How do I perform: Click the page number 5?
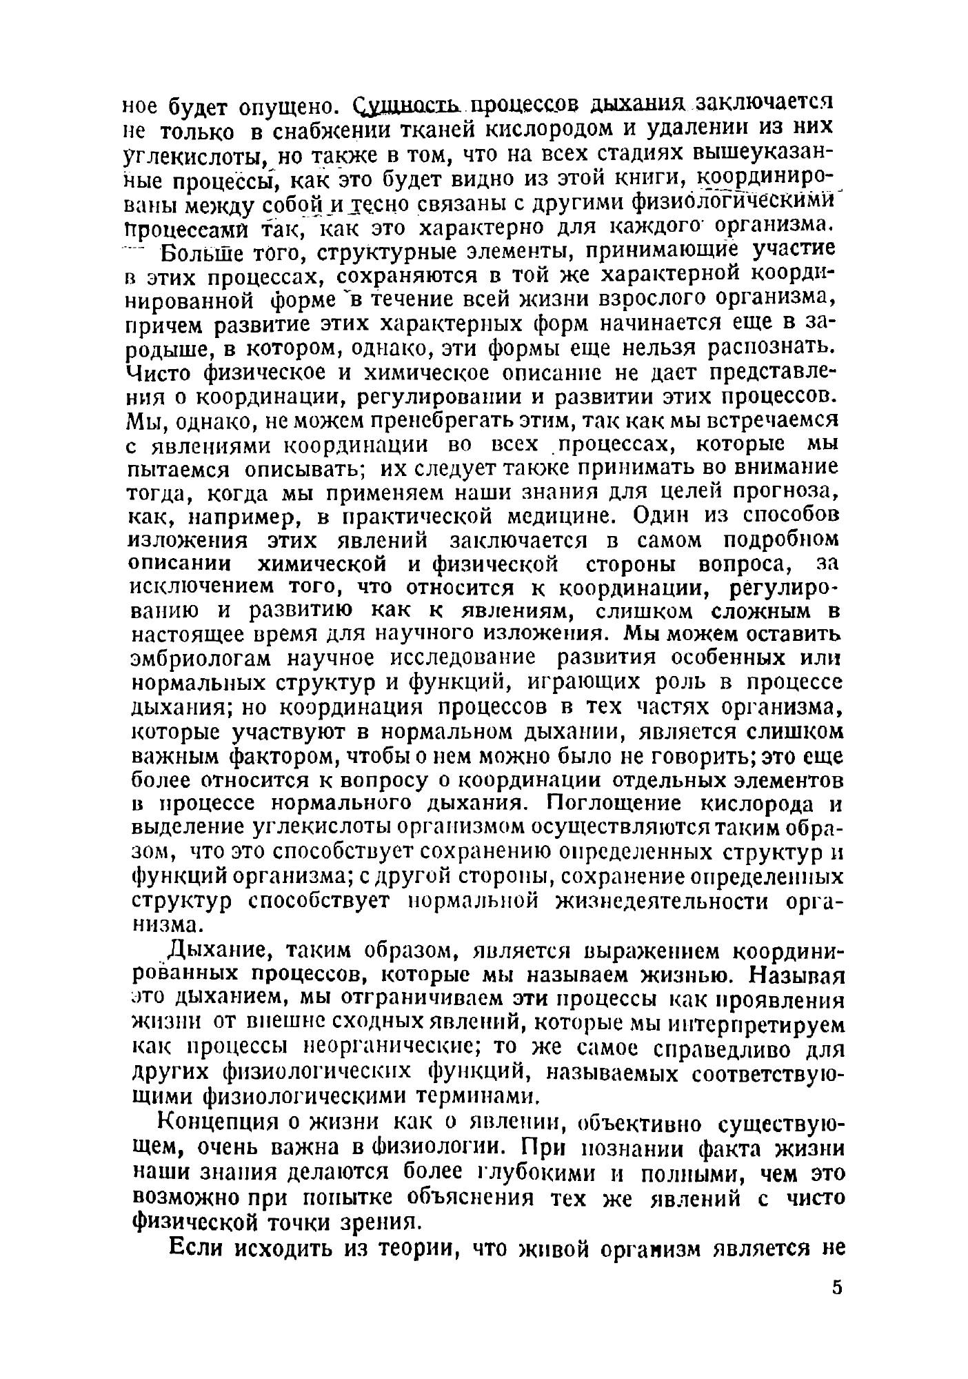pos(837,1287)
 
